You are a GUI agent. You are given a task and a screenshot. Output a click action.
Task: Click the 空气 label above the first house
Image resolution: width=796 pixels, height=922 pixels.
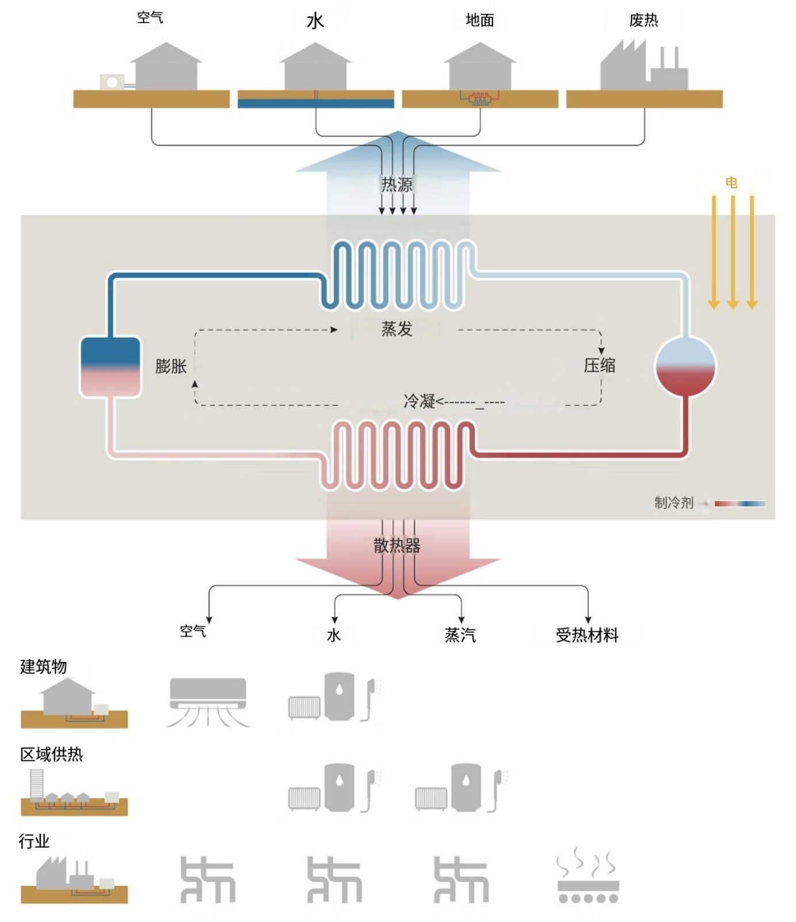(x=150, y=17)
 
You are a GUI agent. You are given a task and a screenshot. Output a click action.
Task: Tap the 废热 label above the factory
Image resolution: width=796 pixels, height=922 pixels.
(x=644, y=20)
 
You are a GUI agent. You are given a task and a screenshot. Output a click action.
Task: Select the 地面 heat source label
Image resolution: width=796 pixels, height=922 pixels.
(x=480, y=20)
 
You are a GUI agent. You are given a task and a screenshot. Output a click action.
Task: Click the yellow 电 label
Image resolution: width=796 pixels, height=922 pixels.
(x=732, y=182)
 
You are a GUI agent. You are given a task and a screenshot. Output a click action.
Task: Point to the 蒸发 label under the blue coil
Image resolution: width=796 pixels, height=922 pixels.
(x=397, y=329)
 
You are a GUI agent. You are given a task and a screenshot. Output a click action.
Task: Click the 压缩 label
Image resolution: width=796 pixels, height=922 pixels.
(x=599, y=365)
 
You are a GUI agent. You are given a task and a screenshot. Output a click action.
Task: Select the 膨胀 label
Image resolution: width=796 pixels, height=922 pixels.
(x=171, y=366)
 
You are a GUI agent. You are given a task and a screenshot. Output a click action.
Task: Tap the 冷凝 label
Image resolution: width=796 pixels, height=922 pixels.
(x=419, y=401)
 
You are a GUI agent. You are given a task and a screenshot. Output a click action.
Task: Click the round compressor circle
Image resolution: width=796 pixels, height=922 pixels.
(x=686, y=367)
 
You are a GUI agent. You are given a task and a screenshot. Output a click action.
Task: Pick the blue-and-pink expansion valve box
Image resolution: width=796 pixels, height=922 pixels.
(x=110, y=367)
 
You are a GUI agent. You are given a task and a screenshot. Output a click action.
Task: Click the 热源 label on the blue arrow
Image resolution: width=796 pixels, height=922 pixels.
(x=397, y=184)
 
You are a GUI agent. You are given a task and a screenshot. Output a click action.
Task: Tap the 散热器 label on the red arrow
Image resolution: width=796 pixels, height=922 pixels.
(x=397, y=545)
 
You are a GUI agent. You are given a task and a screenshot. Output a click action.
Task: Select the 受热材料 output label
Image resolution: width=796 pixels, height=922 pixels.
(x=587, y=635)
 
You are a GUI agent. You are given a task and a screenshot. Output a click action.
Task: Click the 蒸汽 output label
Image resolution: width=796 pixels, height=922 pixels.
(x=460, y=635)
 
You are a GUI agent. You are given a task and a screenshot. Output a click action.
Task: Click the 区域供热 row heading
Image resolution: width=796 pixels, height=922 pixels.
(x=52, y=754)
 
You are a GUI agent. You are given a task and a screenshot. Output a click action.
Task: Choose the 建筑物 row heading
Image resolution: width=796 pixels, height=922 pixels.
(x=44, y=666)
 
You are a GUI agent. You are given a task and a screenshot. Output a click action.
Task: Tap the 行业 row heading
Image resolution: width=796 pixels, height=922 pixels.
(x=34, y=841)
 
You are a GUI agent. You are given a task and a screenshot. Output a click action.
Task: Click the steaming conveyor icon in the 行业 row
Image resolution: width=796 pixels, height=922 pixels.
(x=588, y=875)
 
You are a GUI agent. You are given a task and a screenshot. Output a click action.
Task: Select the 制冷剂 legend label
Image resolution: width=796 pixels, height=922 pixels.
(x=674, y=502)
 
